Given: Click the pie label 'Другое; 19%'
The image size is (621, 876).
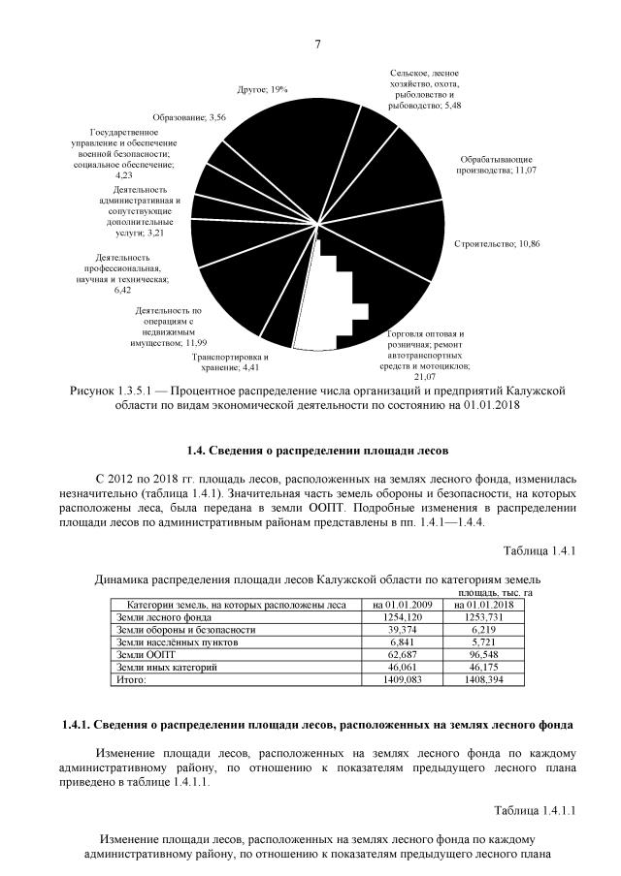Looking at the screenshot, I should pos(262,89).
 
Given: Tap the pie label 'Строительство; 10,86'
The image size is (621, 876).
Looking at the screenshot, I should pos(496,242).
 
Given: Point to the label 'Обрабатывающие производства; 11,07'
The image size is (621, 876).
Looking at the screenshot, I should pos(497,164).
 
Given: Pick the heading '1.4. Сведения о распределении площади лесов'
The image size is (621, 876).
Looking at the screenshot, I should pos(318,451).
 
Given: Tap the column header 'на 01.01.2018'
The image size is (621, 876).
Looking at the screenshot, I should pos(483,605).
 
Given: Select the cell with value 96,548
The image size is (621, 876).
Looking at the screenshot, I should pos(483,655).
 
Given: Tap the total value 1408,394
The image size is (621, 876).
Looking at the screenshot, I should pos(483,680).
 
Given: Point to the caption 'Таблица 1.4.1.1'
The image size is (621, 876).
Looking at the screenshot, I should pos(537,810).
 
